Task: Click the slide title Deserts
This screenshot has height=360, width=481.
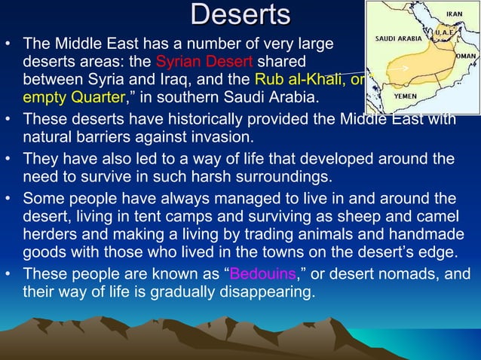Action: (x=240, y=14)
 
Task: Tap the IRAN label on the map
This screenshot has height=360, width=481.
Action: (x=454, y=14)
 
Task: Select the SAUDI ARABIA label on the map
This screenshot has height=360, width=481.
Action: (x=397, y=38)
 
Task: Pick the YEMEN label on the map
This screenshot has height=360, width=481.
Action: (x=406, y=96)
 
